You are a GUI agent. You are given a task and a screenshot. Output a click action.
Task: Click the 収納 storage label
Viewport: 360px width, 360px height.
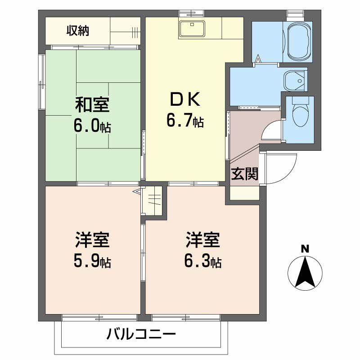(78, 31)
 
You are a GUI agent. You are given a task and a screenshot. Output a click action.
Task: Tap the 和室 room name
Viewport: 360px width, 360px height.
(92, 105)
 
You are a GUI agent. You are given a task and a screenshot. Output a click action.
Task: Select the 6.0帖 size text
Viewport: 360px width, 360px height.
(92, 126)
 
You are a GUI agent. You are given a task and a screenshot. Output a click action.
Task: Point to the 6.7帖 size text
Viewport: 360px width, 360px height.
(184, 120)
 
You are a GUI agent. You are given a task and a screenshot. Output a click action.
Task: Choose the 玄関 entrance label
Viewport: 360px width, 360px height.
(245, 174)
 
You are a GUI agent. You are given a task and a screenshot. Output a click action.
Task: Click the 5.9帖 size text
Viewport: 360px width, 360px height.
(92, 261)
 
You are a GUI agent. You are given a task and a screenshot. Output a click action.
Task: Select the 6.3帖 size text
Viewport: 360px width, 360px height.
(203, 261)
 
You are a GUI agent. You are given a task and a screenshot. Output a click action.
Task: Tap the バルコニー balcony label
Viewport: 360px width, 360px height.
(140, 334)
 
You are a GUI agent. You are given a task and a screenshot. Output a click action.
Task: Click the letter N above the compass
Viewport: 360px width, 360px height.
(305, 248)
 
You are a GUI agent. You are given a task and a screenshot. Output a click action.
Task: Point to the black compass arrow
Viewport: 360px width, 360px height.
(305, 273)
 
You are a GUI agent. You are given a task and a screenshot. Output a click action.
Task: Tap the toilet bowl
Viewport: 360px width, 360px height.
(299, 114)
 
